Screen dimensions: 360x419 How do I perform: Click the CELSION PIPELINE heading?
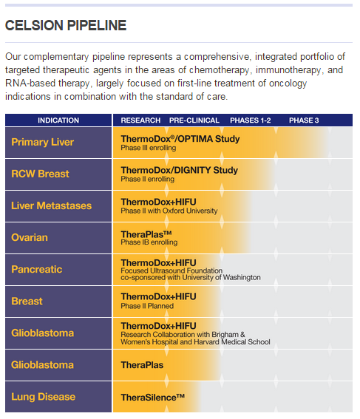66,26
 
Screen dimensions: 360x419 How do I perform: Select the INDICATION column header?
58,120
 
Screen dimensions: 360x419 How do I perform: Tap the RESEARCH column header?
140,120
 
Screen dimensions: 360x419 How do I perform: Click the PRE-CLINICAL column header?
194,120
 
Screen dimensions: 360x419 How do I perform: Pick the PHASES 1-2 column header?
251,120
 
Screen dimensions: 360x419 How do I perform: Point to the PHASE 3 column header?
304,120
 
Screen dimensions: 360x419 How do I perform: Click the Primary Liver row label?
42,142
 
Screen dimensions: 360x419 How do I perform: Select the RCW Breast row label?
40,174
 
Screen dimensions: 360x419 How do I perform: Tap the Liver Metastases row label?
51,205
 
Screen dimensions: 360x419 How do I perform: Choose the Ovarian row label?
30,237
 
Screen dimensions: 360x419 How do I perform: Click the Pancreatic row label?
37,269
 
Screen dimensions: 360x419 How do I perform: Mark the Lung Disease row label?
44,397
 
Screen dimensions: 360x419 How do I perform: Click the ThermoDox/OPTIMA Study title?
180,139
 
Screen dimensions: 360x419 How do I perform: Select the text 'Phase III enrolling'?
149,148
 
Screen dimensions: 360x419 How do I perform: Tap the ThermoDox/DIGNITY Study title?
180,170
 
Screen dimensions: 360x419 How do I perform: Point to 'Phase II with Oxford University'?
169,211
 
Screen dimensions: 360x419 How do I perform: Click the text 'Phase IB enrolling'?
149,242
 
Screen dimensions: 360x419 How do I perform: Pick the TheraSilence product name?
152,398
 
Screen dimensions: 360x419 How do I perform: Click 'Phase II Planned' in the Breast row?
147,306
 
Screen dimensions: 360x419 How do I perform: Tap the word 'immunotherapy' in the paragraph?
288,70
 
